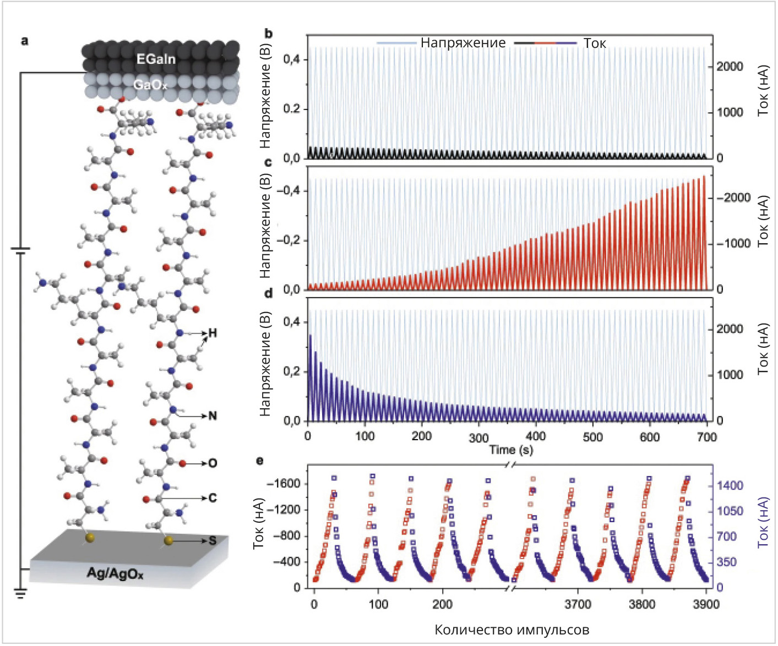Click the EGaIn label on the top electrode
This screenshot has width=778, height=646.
[156, 59]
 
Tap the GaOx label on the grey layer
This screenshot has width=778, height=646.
[150, 85]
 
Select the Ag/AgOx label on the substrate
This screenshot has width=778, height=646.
[115, 573]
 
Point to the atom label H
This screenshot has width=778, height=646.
[213, 333]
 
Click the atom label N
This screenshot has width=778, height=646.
[213, 415]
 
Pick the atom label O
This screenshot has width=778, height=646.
[213, 463]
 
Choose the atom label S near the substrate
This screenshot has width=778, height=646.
[213, 541]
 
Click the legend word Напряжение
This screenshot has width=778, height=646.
[463, 43]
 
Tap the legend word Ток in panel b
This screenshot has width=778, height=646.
[595, 43]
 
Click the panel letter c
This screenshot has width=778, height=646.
[268, 162]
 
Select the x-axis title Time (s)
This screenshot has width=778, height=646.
[511, 450]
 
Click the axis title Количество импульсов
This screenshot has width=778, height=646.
[512, 629]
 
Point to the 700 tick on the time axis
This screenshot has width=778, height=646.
[706, 437]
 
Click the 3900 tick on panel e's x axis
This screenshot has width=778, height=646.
[706, 604]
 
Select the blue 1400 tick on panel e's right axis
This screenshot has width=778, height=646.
[729, 485]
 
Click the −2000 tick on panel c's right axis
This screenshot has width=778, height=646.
[733, 198]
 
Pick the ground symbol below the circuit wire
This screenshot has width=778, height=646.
[21, 593]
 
